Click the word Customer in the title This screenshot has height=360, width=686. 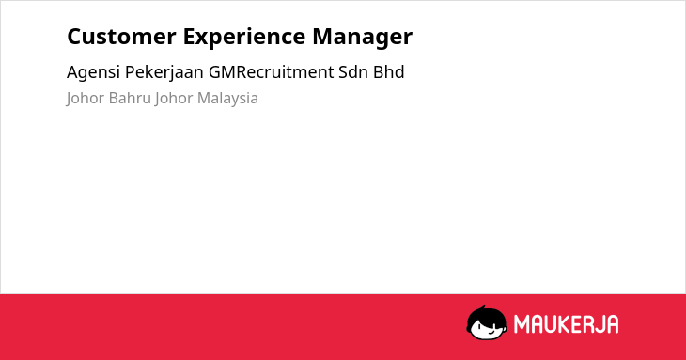121,37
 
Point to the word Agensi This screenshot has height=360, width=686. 93,72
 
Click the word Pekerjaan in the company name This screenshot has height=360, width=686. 164,72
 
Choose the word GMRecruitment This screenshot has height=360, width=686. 272,72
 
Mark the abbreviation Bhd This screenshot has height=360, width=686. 388,72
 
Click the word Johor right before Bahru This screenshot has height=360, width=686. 86,99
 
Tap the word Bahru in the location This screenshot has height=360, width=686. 130,98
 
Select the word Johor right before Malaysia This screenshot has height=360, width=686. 174,99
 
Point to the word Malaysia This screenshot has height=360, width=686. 227,99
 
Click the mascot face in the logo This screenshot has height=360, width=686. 487,323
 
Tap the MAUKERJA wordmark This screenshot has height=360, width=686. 566,324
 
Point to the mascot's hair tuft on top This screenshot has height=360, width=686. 483,307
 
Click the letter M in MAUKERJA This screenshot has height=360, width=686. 522,324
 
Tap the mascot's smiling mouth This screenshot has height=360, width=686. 491,332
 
